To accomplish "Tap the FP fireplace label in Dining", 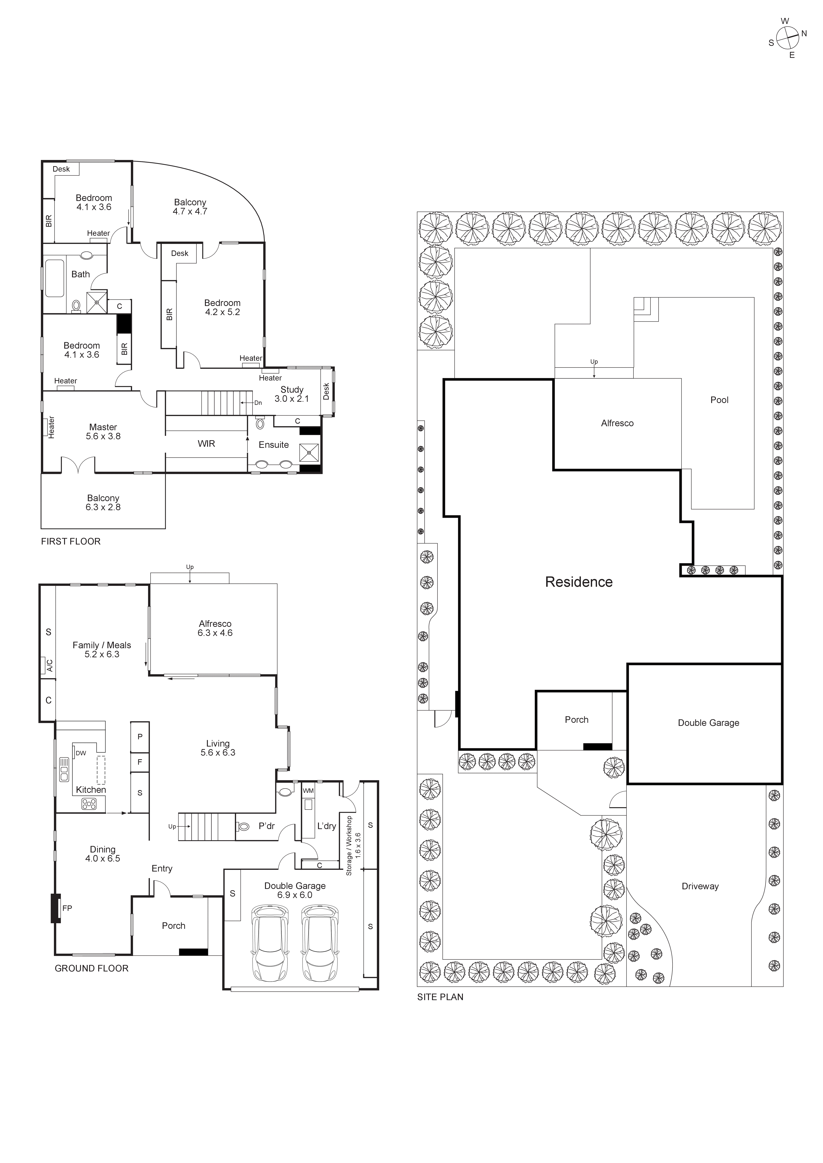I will click(67, 908).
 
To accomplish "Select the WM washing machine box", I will click(308, 791).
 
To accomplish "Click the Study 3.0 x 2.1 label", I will click(291, 394).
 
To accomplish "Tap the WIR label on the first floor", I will click(206, 444).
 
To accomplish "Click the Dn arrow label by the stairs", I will click(258, 403).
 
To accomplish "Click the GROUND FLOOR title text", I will click(91, 968).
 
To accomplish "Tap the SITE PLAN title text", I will click(440, 997).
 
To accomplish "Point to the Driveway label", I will click(700, 886).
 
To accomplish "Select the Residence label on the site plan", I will click(579, 582).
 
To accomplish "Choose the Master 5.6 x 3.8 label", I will click(103, 431).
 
